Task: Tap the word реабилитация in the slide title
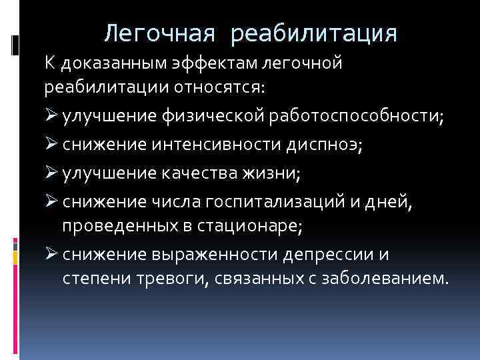tap(313, 33)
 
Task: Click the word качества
tap(193, 175)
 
